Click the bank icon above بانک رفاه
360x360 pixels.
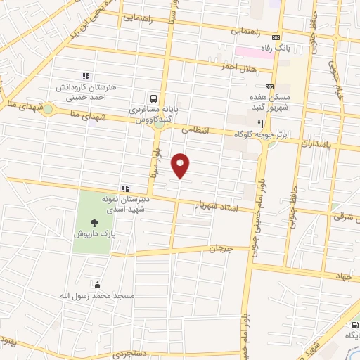point(277,38)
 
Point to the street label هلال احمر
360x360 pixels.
point(255,69)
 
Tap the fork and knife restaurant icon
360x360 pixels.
point(260,121)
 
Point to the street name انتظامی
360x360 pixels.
point(195,129)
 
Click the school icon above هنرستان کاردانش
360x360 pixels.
point(85,76)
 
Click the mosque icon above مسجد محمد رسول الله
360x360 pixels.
point(97,285)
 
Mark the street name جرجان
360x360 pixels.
point(221,249)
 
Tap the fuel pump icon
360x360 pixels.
point(351,325)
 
